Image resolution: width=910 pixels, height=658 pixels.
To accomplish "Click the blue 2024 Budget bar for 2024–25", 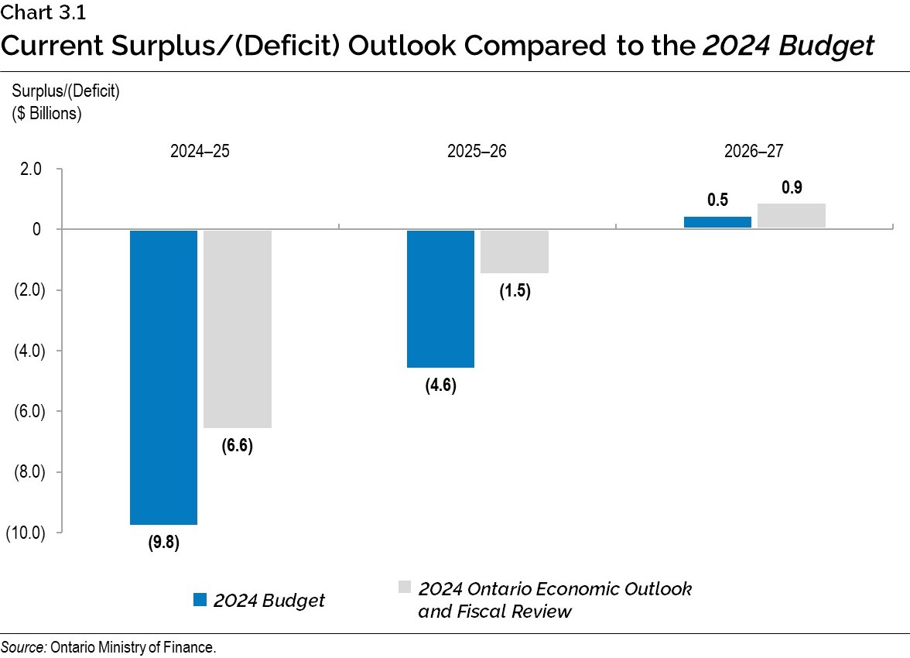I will (x=163, y=377).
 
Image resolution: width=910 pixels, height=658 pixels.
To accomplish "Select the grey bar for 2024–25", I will (x=237, y=329).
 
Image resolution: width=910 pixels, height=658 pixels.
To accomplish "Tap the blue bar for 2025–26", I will (x=440, y=299).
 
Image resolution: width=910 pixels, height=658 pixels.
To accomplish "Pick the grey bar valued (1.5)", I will (x=515, y=252).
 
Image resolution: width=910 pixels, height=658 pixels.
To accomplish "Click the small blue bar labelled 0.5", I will (x=717, y=222).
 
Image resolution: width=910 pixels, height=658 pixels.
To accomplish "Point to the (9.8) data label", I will (x=163, y=543).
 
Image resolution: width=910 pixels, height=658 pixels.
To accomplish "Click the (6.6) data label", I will (x=237, y=446).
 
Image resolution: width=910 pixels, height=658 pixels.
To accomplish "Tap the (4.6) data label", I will (x=440, y=386).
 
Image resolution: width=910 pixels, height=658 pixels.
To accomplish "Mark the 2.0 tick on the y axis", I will (x=31, y=170).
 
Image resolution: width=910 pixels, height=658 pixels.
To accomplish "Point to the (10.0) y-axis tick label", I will (x=25, y=533).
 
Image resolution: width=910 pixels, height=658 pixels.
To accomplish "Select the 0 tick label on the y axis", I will (x=36, y=230).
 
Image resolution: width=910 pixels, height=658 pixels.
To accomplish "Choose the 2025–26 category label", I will (x=477, y=151).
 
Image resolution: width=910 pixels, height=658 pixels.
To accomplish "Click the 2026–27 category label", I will (x=754, y=151).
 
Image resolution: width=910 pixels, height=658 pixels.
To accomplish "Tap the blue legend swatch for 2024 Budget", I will (x=200, y=600).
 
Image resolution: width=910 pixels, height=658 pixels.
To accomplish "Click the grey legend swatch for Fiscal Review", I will (x=404, y=587).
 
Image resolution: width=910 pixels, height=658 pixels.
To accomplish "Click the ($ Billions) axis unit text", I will (x=46, y=112).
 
